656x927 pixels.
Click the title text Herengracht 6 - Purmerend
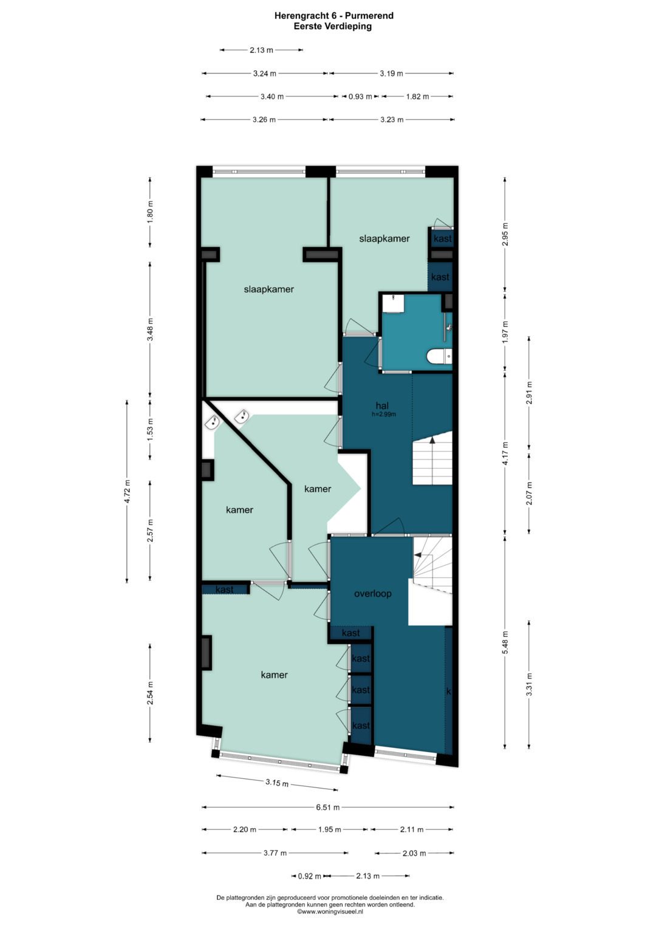point(333,16)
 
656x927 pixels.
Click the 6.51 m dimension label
point(327,807)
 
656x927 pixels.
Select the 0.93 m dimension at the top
point(360,97)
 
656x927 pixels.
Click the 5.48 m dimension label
point(505,642)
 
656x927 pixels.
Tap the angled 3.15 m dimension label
point(276,783)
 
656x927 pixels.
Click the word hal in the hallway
point(382,406)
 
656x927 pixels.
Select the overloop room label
point(373,594)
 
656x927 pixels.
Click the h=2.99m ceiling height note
point(384,415)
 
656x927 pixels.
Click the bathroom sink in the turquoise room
point(395,302)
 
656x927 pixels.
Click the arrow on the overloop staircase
point(418,554)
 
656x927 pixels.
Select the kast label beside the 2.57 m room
point(225,589)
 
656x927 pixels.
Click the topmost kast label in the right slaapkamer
point(442,239)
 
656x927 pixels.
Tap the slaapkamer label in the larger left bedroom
point(268,289)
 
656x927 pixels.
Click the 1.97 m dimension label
point(505,332)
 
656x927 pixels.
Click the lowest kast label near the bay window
point(361,725)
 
